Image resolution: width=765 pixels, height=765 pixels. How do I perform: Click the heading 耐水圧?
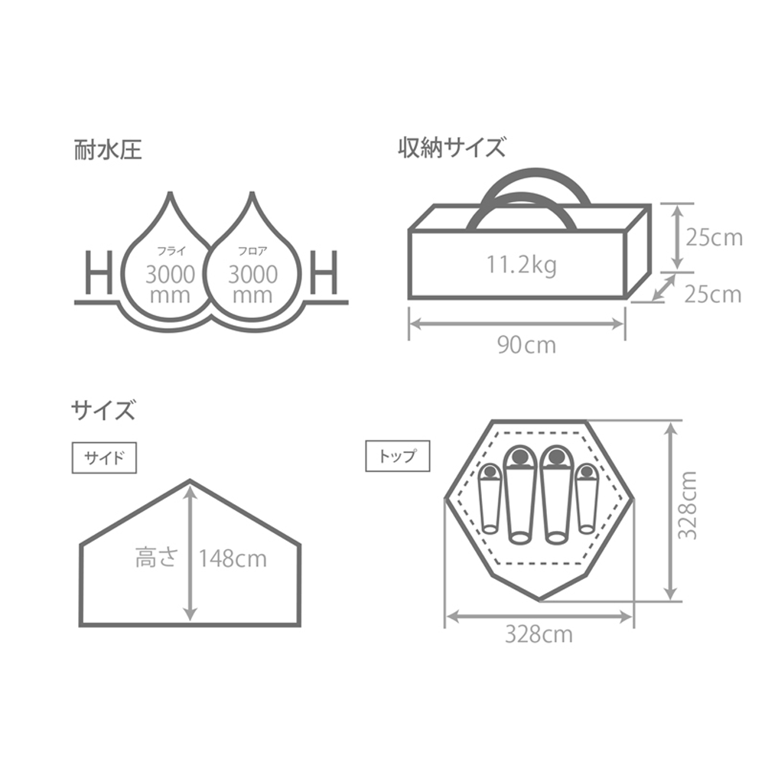[107, 148]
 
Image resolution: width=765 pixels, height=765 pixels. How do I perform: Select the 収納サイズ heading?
[451, 146]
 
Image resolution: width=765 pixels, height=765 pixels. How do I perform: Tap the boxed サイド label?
[103, 458]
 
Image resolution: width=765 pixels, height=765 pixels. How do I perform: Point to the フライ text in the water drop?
[169, 250]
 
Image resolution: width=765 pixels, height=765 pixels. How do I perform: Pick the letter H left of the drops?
[99, 274]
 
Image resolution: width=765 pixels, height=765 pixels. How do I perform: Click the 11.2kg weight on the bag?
[522, 265]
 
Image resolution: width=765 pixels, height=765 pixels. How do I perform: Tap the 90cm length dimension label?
[526, 345]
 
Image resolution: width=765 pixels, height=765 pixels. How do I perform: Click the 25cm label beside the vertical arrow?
[713, 238]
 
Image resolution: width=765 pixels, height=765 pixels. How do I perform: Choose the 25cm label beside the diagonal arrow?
[713, 294]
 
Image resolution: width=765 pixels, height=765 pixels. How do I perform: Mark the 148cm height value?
[233, 559]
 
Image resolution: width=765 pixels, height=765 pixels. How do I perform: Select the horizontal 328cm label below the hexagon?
[538, 634]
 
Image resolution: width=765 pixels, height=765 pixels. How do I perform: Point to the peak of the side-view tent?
[190, 482]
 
